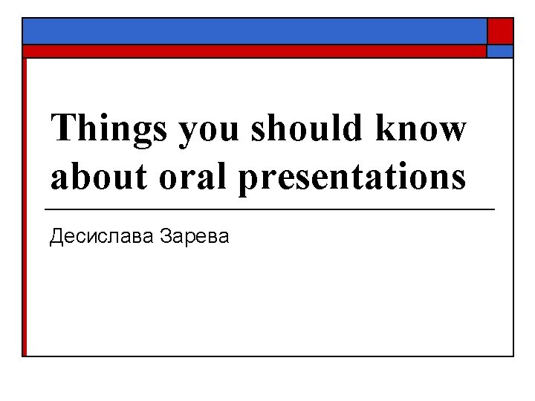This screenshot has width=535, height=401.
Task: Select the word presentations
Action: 353,178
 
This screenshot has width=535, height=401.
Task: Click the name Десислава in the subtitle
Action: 100,238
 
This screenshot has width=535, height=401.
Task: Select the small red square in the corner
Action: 500,31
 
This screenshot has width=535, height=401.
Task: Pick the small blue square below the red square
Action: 500,51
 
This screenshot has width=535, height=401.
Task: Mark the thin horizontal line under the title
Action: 270,211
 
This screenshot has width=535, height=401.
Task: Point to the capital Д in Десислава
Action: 57,238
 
